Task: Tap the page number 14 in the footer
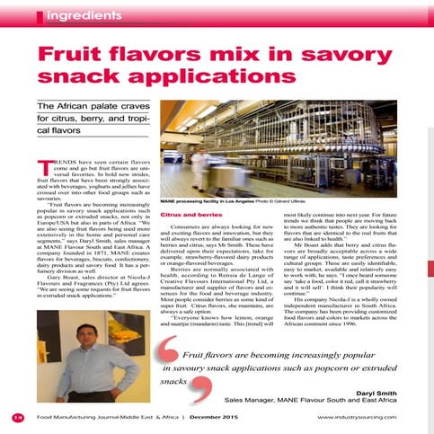pos(18,418)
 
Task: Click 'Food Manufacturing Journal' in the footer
pos(81,418)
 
